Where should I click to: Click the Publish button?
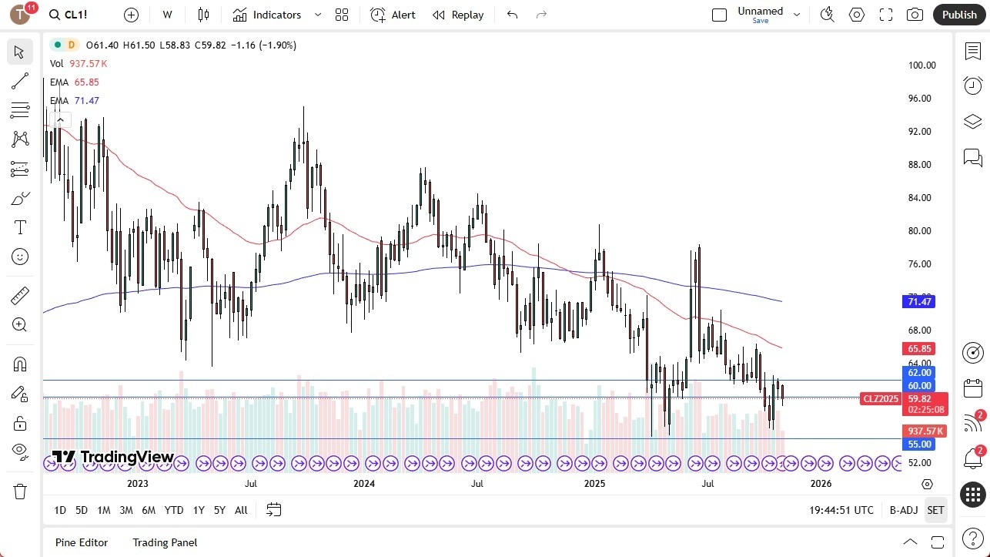[x=958, y=15]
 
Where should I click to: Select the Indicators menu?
[x=268, y=15]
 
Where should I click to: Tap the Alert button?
[x=393, y=15]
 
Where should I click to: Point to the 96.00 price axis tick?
[x=921, y=99]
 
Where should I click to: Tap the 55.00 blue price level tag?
[x=919, y=445]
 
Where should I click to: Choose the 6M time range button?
[x=149, y=510]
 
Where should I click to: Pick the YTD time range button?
[x=174, y=510]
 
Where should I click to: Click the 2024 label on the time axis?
[x=364, y=484]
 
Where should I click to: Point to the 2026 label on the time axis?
[x=821, y=484]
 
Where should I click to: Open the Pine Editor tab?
[x=82, y=542]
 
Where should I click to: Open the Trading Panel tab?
[x=165, y=542]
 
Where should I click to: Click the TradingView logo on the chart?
[x=113, y=457]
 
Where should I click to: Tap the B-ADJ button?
[x=903, y=510]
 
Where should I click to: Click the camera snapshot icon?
[x=915, y=15]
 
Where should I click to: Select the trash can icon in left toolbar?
[x=20, y=492]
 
